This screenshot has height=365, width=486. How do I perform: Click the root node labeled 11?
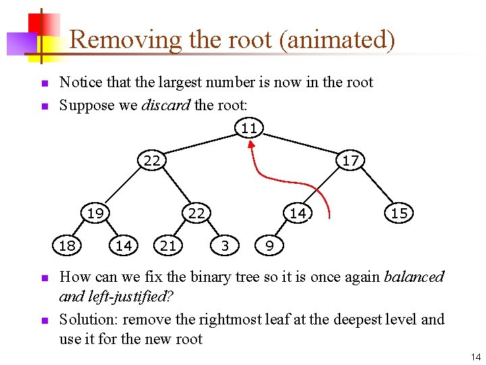tap(249, 128)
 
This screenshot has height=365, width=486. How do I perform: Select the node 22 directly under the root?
tap(152, 160)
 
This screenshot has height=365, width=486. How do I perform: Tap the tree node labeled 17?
tap(350, 160)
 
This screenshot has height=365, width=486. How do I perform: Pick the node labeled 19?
tap(95, 213)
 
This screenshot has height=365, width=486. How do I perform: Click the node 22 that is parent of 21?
tap(196, 213)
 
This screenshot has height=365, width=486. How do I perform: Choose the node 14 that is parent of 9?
tap(298, 213)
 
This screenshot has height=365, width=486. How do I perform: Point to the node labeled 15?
tap(399, 213)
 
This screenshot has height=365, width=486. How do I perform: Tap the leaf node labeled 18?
tap(67, 245)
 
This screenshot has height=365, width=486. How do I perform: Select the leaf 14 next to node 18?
tap(124, 245)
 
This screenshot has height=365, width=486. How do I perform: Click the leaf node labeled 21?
tap(168, 245)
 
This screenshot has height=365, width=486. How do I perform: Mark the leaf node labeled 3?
tap(225, 245)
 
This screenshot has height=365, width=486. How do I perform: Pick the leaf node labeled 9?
tap(269, 245)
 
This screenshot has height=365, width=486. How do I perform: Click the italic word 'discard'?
tap(165, 105)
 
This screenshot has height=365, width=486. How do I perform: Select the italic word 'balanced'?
tap(414, 277)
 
